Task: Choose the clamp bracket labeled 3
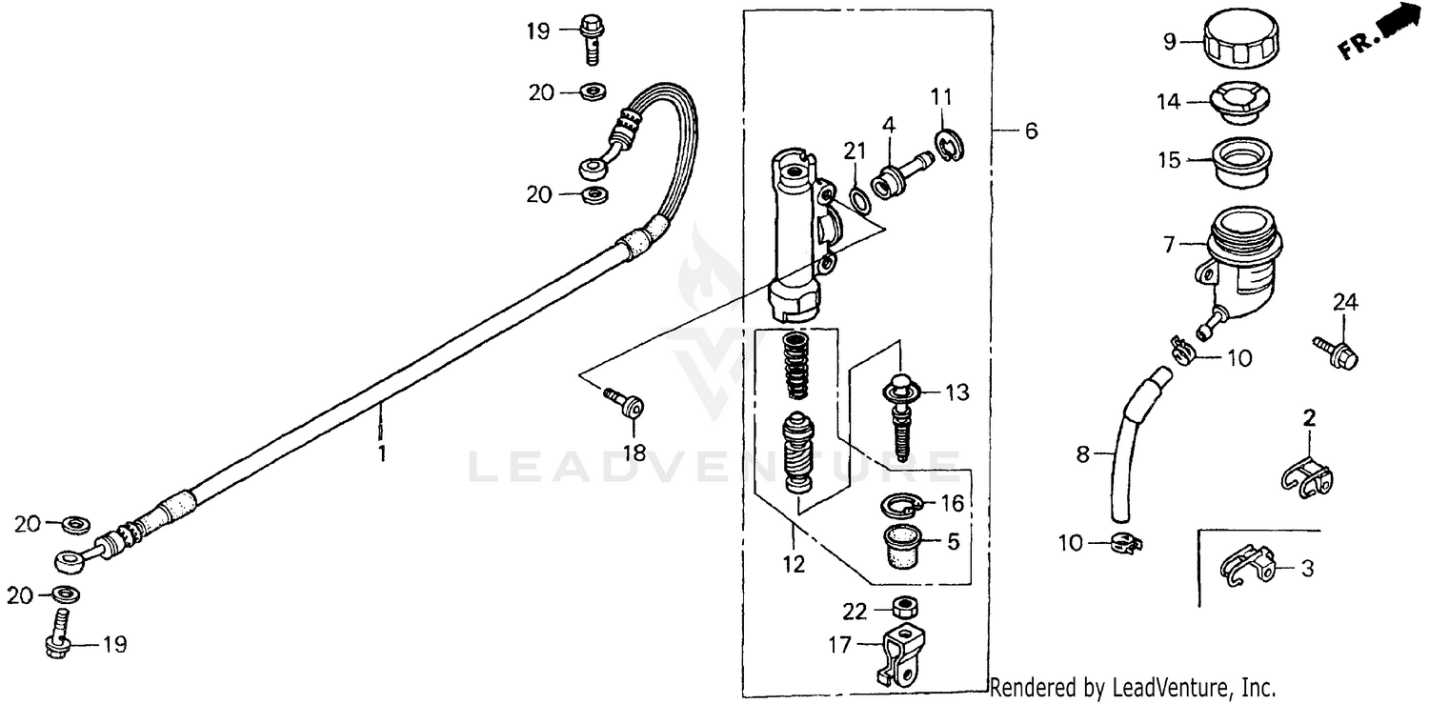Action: (1247, 568)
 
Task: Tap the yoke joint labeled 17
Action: (900, 654)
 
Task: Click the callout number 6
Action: (1031, 131)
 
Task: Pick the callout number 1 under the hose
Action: (382, 454)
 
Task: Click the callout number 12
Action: (794, 564)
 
